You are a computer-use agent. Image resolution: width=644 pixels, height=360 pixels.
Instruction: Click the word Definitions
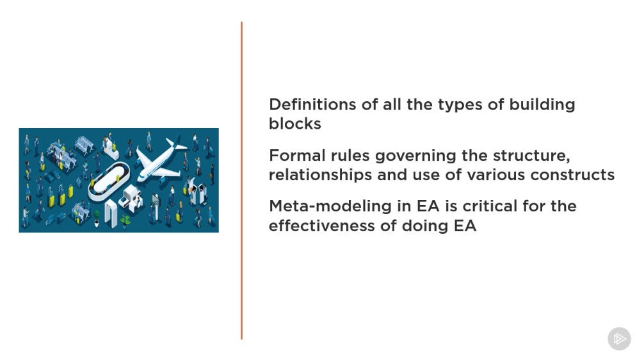click(312, 104)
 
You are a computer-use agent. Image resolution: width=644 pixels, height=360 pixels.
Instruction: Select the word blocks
click(295, 124)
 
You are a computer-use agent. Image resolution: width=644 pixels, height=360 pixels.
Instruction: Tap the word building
click(542, 105)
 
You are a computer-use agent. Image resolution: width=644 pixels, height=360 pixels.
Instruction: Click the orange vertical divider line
click(241, 181)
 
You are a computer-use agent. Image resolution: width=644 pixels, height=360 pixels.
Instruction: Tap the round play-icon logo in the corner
click(620, 339)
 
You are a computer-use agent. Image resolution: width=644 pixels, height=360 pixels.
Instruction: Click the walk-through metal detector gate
click(111, 213)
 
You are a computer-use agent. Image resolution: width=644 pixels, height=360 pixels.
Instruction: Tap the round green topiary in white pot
click(97, 218)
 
